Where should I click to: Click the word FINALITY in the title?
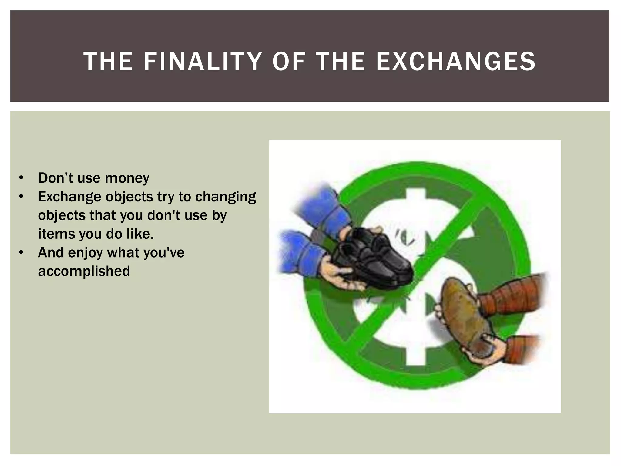203,62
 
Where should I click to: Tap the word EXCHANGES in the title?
456,62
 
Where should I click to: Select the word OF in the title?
288,62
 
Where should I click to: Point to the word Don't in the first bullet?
55,178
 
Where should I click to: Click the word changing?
226,197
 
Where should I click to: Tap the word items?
56,234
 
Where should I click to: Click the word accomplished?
84,271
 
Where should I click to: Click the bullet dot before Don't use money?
21,178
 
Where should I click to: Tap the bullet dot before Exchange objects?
21,197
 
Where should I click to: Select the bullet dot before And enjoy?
21,253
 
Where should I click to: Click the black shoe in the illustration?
373,258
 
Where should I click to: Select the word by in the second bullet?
219,215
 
